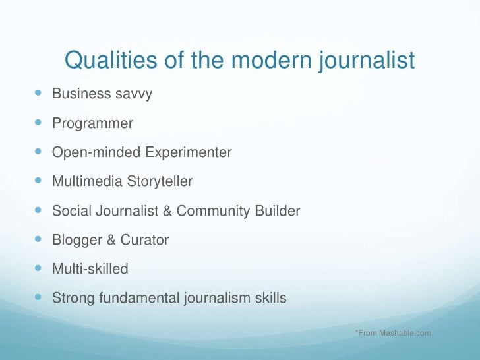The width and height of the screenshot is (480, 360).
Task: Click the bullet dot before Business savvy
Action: click(37, 94)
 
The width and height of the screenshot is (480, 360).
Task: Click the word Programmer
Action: click(92, 123)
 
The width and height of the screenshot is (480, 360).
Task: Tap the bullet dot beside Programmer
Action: click(37, 123)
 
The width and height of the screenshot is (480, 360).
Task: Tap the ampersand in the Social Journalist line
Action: click(167, 212)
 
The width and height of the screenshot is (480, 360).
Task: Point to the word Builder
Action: click(277, 212)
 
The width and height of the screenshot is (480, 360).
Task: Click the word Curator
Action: click(144, 241)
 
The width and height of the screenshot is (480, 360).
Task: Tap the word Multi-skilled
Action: click(90, 270)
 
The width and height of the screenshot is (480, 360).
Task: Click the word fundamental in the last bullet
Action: click(138, 299)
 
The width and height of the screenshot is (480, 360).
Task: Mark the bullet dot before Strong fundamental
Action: click(37, 298)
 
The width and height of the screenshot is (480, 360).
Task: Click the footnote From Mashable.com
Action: click(393, 333)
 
